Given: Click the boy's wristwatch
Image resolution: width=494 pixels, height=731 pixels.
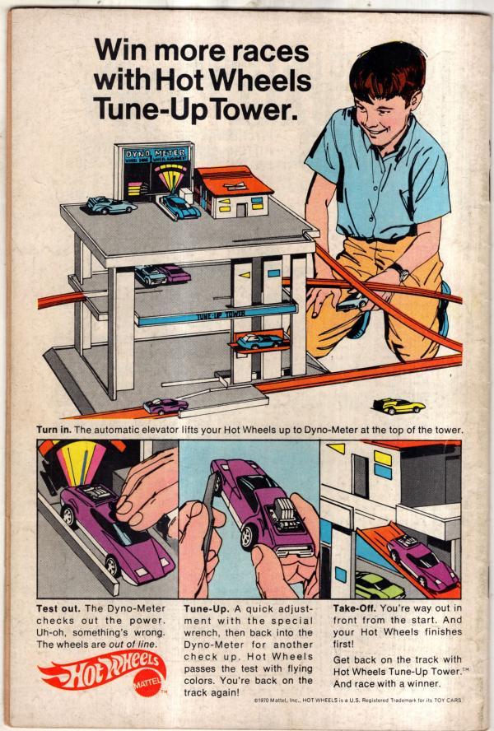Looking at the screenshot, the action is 398,272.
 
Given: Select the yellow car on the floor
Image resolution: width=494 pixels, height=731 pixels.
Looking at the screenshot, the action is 398,406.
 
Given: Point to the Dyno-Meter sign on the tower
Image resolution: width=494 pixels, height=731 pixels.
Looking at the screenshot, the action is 154,170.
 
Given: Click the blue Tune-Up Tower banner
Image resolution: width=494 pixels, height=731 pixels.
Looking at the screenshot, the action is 217,315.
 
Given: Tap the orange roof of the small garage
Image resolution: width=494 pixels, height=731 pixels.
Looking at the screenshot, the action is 233,180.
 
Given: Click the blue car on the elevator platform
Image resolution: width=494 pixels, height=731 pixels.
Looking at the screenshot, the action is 259,342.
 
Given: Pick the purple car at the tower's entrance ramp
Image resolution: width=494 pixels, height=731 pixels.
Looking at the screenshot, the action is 165,406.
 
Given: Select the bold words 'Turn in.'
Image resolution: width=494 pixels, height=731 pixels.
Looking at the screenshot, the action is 54,430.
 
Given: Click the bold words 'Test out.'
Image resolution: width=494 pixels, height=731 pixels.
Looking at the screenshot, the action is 58,609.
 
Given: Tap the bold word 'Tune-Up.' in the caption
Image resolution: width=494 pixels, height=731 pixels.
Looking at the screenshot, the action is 207,609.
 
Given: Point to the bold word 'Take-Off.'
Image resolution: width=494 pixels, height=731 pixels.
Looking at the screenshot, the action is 355,608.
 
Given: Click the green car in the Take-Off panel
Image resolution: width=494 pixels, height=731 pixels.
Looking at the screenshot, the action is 378,585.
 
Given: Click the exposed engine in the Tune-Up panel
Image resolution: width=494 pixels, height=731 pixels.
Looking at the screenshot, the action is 282,514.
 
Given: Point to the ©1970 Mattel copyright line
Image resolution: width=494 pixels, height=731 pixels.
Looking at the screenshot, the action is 358,701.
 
